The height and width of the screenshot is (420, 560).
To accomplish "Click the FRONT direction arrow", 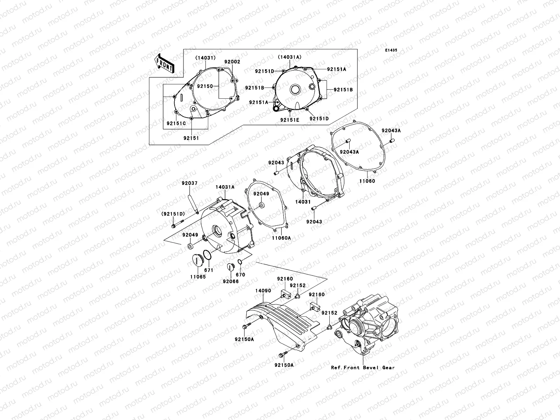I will [x=165, y=63].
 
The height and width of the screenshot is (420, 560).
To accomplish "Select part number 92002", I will [x=232, y=61].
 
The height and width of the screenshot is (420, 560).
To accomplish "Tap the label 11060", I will [x=367, y=181].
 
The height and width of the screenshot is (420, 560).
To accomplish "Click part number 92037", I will [x=189, y=183].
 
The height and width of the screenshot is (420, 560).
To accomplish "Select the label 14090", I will [x=262, y=291].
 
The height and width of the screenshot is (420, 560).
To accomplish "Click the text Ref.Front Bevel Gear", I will [x=363, y=367].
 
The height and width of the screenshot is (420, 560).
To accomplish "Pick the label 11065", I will [x=198, y=276].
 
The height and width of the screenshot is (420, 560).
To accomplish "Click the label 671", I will [x=208, y=271].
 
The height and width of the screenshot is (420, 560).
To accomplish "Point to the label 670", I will [x=240, y=275].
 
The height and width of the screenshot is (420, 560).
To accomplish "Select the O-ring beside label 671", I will [x=207, y=255].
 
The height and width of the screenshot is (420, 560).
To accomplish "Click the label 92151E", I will [x=289, y=120].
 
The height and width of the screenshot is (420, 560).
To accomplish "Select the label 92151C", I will [x=176, y=124].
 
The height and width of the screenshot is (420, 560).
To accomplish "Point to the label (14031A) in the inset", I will [x=289, y=57].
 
